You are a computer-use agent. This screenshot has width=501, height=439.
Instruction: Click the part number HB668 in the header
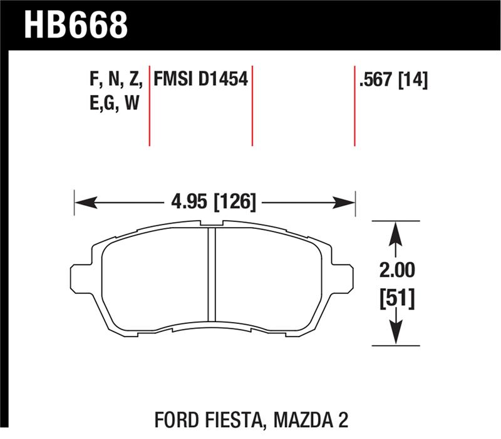(x=76, y=24)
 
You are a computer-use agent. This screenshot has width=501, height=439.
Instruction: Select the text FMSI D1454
(x=200, y=79)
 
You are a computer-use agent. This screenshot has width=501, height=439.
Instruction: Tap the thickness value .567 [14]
(x=393, y=80)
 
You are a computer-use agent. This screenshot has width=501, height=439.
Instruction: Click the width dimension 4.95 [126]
(x=214, y=202)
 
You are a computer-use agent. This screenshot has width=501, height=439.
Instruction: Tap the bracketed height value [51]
(x=395, y=300)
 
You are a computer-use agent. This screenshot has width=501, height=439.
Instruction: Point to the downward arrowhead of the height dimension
(x=395, y=333)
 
